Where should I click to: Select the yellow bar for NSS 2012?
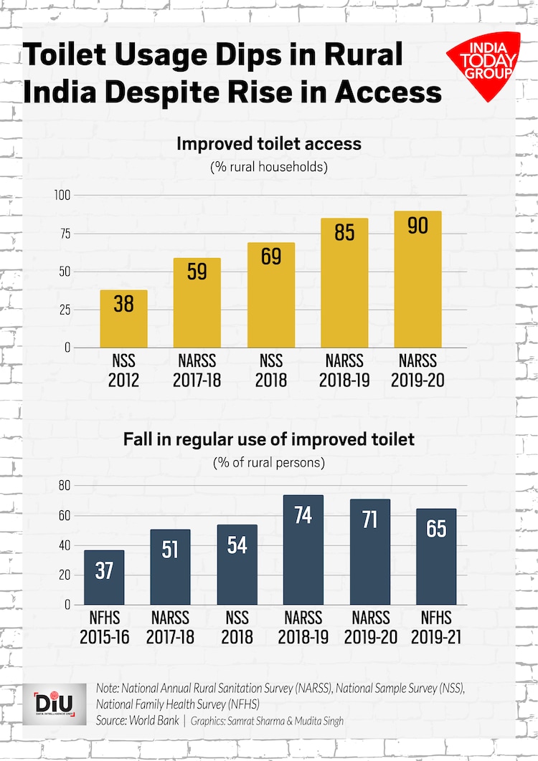click(123, 319)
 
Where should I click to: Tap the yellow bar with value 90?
click(417, 279)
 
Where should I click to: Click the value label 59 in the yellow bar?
click(197, 272)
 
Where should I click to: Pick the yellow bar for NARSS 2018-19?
click(344, 283)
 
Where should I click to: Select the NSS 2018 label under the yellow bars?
click(270, 370)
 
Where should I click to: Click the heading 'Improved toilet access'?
click(269, 144)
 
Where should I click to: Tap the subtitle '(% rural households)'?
click(269, 167)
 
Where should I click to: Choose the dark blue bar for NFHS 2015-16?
click(104, 578)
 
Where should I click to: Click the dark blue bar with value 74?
click(303, 550)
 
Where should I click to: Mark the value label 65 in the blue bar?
click(435, 529)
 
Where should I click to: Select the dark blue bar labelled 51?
click(170, 568)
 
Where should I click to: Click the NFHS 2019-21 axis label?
click(435, 627)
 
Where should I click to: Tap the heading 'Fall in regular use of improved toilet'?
click(269, 439)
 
